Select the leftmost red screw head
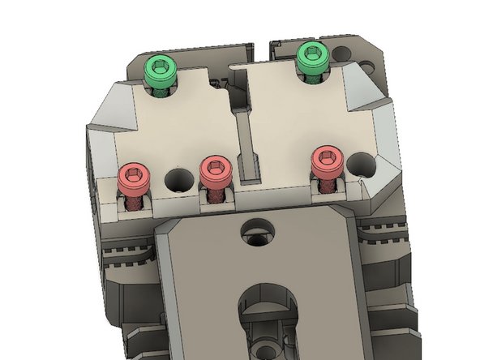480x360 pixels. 134,177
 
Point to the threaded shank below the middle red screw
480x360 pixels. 216,195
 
